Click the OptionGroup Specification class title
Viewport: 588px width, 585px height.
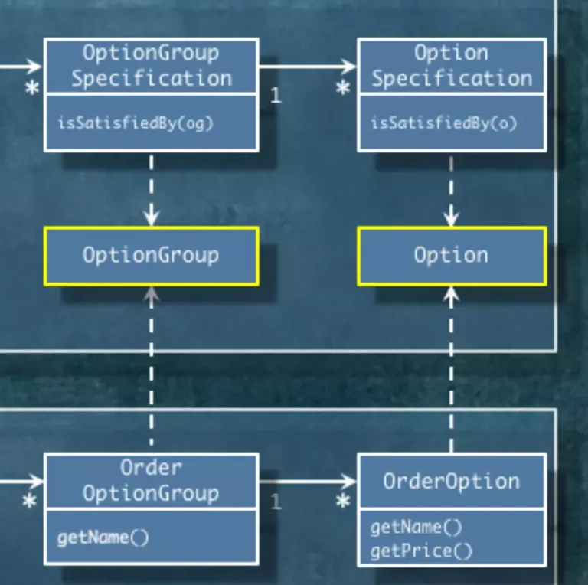(x=151, y=66)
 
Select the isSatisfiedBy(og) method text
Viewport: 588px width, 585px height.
(x=135, y=123)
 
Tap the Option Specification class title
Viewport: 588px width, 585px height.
(x=452, y=66)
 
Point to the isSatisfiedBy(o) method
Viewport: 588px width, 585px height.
(x=444, y=123)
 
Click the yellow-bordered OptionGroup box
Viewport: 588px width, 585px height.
(x=151, y=256)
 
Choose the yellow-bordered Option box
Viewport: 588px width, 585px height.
(x=452, y=256)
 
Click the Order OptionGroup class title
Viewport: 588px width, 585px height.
(x=151, y=481)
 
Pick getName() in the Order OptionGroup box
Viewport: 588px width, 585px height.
(x=103, y=538)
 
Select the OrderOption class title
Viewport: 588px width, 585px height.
(x=452, y=481)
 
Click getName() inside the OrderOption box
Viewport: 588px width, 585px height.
(x=416, y=528)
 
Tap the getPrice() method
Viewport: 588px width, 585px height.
(x=421, y=551)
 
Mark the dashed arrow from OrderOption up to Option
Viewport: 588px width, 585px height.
(x=452, y=368)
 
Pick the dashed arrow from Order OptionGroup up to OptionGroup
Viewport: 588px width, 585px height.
(x=152, y=368)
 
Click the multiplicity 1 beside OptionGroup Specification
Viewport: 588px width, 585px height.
(x=276, y=96)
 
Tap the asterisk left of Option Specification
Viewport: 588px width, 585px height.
(x=343, y=89)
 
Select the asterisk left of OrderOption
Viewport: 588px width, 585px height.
(x=343, y=502)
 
